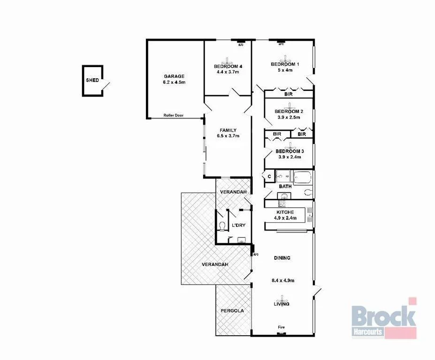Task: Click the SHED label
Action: point(92,80)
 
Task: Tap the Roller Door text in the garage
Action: point(173,115)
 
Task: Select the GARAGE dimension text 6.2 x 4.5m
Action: point(174,82)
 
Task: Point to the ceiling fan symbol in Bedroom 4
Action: point(228,60)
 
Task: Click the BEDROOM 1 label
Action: point(285,64)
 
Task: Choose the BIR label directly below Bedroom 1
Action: point(289,94)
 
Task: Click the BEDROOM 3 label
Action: point(290,151)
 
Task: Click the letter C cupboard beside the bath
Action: point(269,176)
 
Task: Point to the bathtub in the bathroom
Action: point(303,177)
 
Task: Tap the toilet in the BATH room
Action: point(308,192)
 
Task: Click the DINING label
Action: point(282,258)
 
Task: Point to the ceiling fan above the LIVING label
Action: point(282,298)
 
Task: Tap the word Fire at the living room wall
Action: point(281,327)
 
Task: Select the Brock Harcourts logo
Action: point(383,319)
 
